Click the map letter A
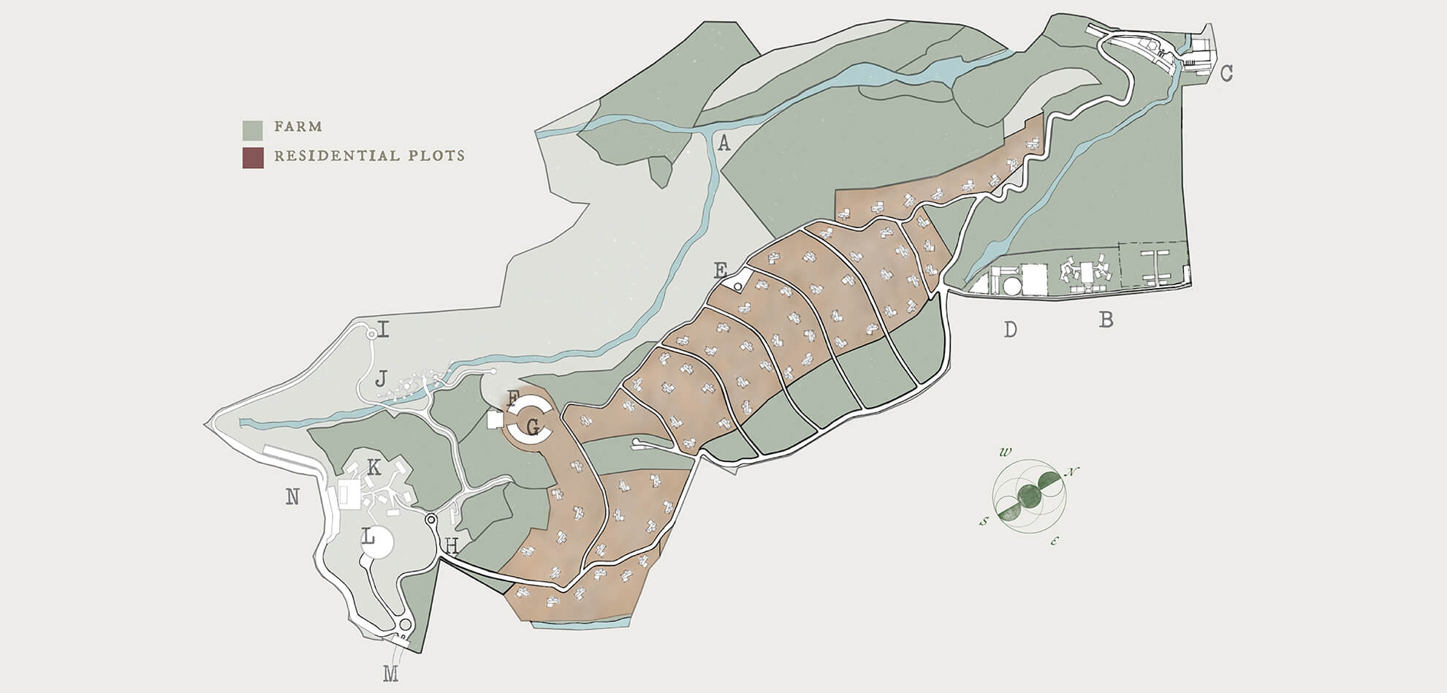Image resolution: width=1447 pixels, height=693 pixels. (x=723, y=143)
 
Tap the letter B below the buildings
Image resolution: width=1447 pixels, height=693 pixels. (x=1106, y=319)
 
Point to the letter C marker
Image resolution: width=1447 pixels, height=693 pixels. (x=1226, y=73)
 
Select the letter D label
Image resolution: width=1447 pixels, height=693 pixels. (x=1010, y=330)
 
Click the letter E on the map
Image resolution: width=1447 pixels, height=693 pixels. (x=721, y=271)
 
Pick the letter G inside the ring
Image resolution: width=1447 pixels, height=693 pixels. (x=533, y=425)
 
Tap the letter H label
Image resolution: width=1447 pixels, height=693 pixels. (x=452, y=545)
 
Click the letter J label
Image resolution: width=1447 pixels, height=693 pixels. (x=381, y=379)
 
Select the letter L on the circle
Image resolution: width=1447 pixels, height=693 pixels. (x=369, y=538)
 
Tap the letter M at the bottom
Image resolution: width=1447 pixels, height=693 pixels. (x=391, y=674)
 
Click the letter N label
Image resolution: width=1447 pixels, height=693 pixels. (x=292, y=497)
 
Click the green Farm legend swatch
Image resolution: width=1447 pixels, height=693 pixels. (x=253, y=130)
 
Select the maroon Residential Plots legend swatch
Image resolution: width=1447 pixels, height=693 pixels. (x=253, y=158)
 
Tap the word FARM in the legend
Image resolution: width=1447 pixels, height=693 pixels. (x=298, y=126)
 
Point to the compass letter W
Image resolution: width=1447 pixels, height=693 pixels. (x=1006, y=452)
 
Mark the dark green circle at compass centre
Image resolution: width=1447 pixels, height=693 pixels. (x=1030, y=496)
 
